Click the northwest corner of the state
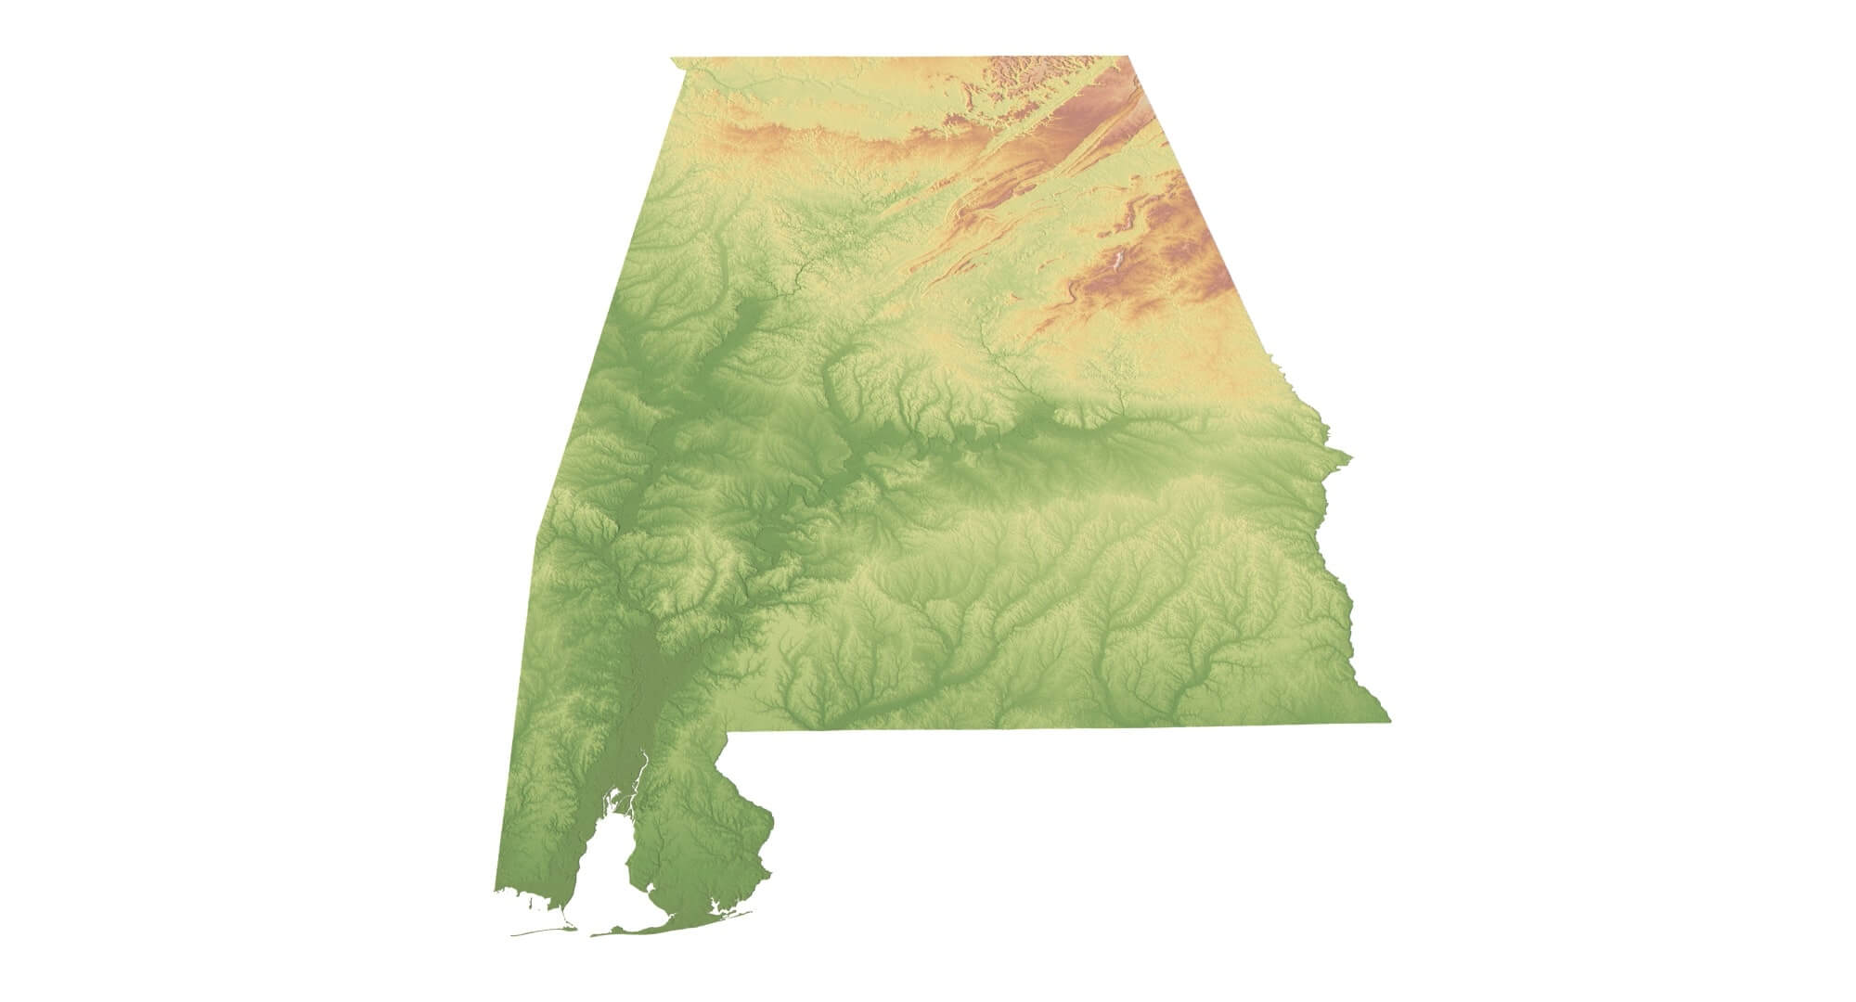tap(672, 58)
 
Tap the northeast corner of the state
tap(1128, 58)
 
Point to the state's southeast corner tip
tap(1388, 720)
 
